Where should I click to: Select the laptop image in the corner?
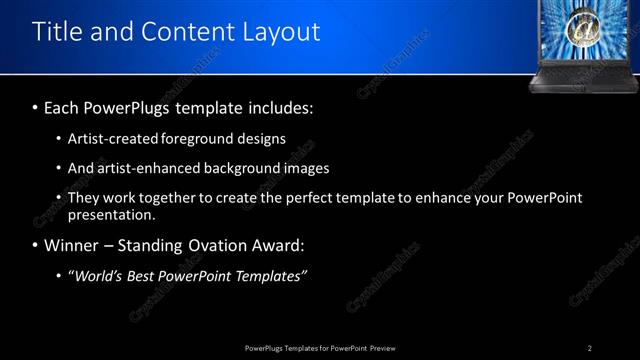point(578,44)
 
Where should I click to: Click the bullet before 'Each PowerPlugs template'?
point(36,107)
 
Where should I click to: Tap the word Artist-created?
point(114,139)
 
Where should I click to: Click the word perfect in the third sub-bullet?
point(319,198)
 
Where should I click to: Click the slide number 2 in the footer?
point(590,348)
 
